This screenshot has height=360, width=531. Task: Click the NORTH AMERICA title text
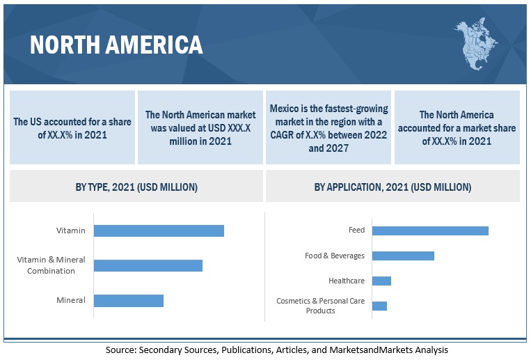117,45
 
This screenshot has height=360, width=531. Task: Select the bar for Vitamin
159,230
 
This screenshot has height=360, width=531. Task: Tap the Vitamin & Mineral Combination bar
148,265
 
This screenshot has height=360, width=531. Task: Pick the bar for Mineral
128,301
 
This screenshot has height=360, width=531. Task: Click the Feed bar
430,230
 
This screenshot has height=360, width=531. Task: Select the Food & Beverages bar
403,256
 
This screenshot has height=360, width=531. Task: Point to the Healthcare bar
381,281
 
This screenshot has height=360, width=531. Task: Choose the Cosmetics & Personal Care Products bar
379,306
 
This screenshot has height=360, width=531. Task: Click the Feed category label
356,230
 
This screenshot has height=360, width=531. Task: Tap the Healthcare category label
347,281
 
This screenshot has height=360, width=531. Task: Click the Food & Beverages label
335,256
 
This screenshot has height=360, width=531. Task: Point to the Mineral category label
71,301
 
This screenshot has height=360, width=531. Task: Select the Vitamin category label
71,230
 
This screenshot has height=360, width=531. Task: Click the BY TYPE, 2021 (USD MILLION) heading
136,187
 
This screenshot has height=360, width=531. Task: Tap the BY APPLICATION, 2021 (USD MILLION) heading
393,187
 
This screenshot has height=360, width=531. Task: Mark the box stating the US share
72,127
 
